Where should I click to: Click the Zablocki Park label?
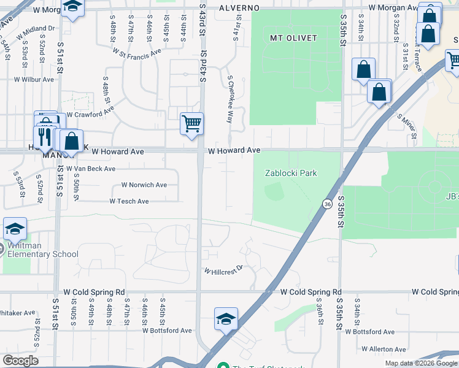pyautogui.click(x=291, y=173)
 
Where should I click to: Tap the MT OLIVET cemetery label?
pyautogui.click(x=294, y=38)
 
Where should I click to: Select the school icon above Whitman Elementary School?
pyautogui.click(x=15, y=229)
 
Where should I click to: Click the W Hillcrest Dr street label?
pyautogui.click(x=223, y=270)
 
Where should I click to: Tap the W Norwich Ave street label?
pyautogui.click(x=144, y=185)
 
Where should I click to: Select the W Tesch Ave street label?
pyautogui.click(x=129, y=201)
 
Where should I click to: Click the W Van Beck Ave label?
pyautogui.click(x=90, y=168)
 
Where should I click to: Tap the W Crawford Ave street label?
pyautogui.click(x=90, y=114)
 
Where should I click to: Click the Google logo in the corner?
pyautogui.click(x=20, y=361)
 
